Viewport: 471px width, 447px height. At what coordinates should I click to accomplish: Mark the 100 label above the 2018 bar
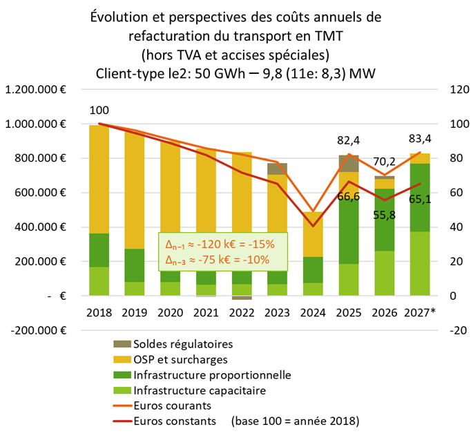click(x=99, y=110)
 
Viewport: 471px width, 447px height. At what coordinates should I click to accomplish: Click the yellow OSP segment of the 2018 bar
click(x=99, y=179)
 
